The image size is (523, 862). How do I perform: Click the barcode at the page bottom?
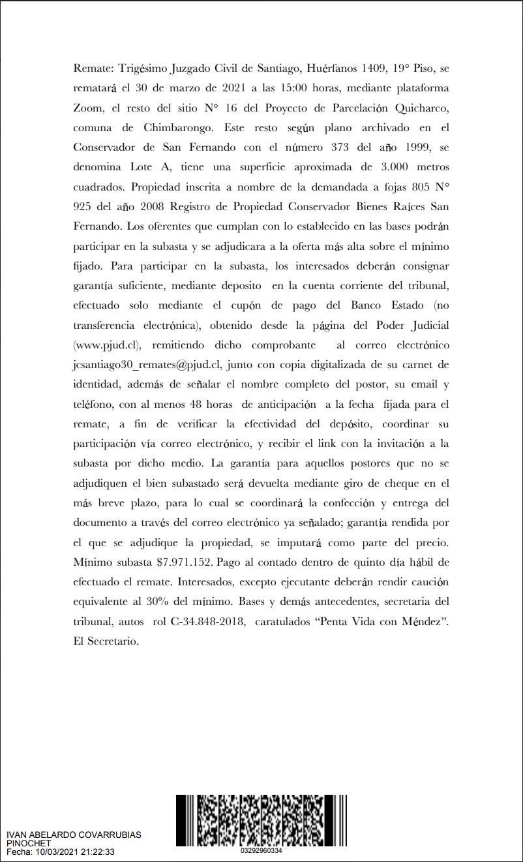click(261, 820)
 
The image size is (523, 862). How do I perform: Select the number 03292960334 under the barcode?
click(261, 851)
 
